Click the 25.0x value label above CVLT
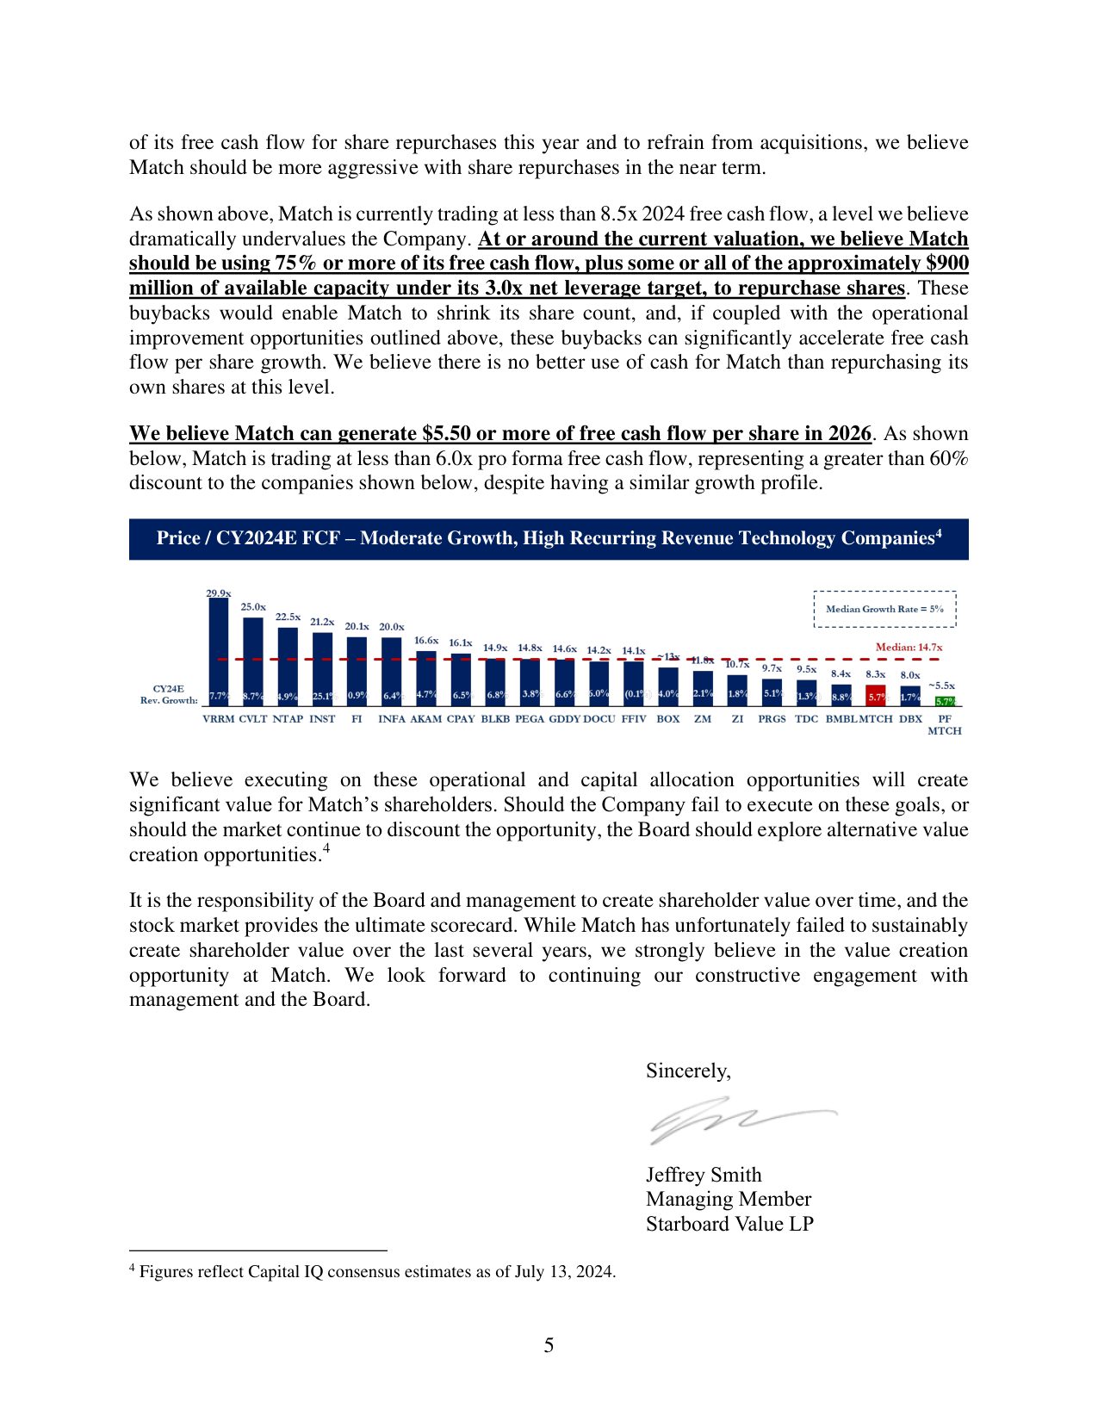pyautogui.click(x=253, y=607)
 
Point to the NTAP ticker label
pyautogui.click(x=288, y=719)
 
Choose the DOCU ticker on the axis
pyautogui.click(x=599, y=719)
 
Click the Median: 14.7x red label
pyautogui.click(x=909, y=648)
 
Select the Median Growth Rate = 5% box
pyautogui.click(x=884, y=609)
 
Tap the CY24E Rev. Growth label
pyautogui.click(x=169, y=695)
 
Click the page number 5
pyautogui.click(x=549, y=1345)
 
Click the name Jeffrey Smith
pyautogui.click(x=704, y=1175)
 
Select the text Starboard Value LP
pyautogui.click(x=729, y=1224)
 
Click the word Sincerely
pyautogui.click(x=688, y=1070)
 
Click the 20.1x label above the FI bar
pyautogui.click(x=357, y=627)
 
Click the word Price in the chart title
pyautogui.click(x=178, y=539)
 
